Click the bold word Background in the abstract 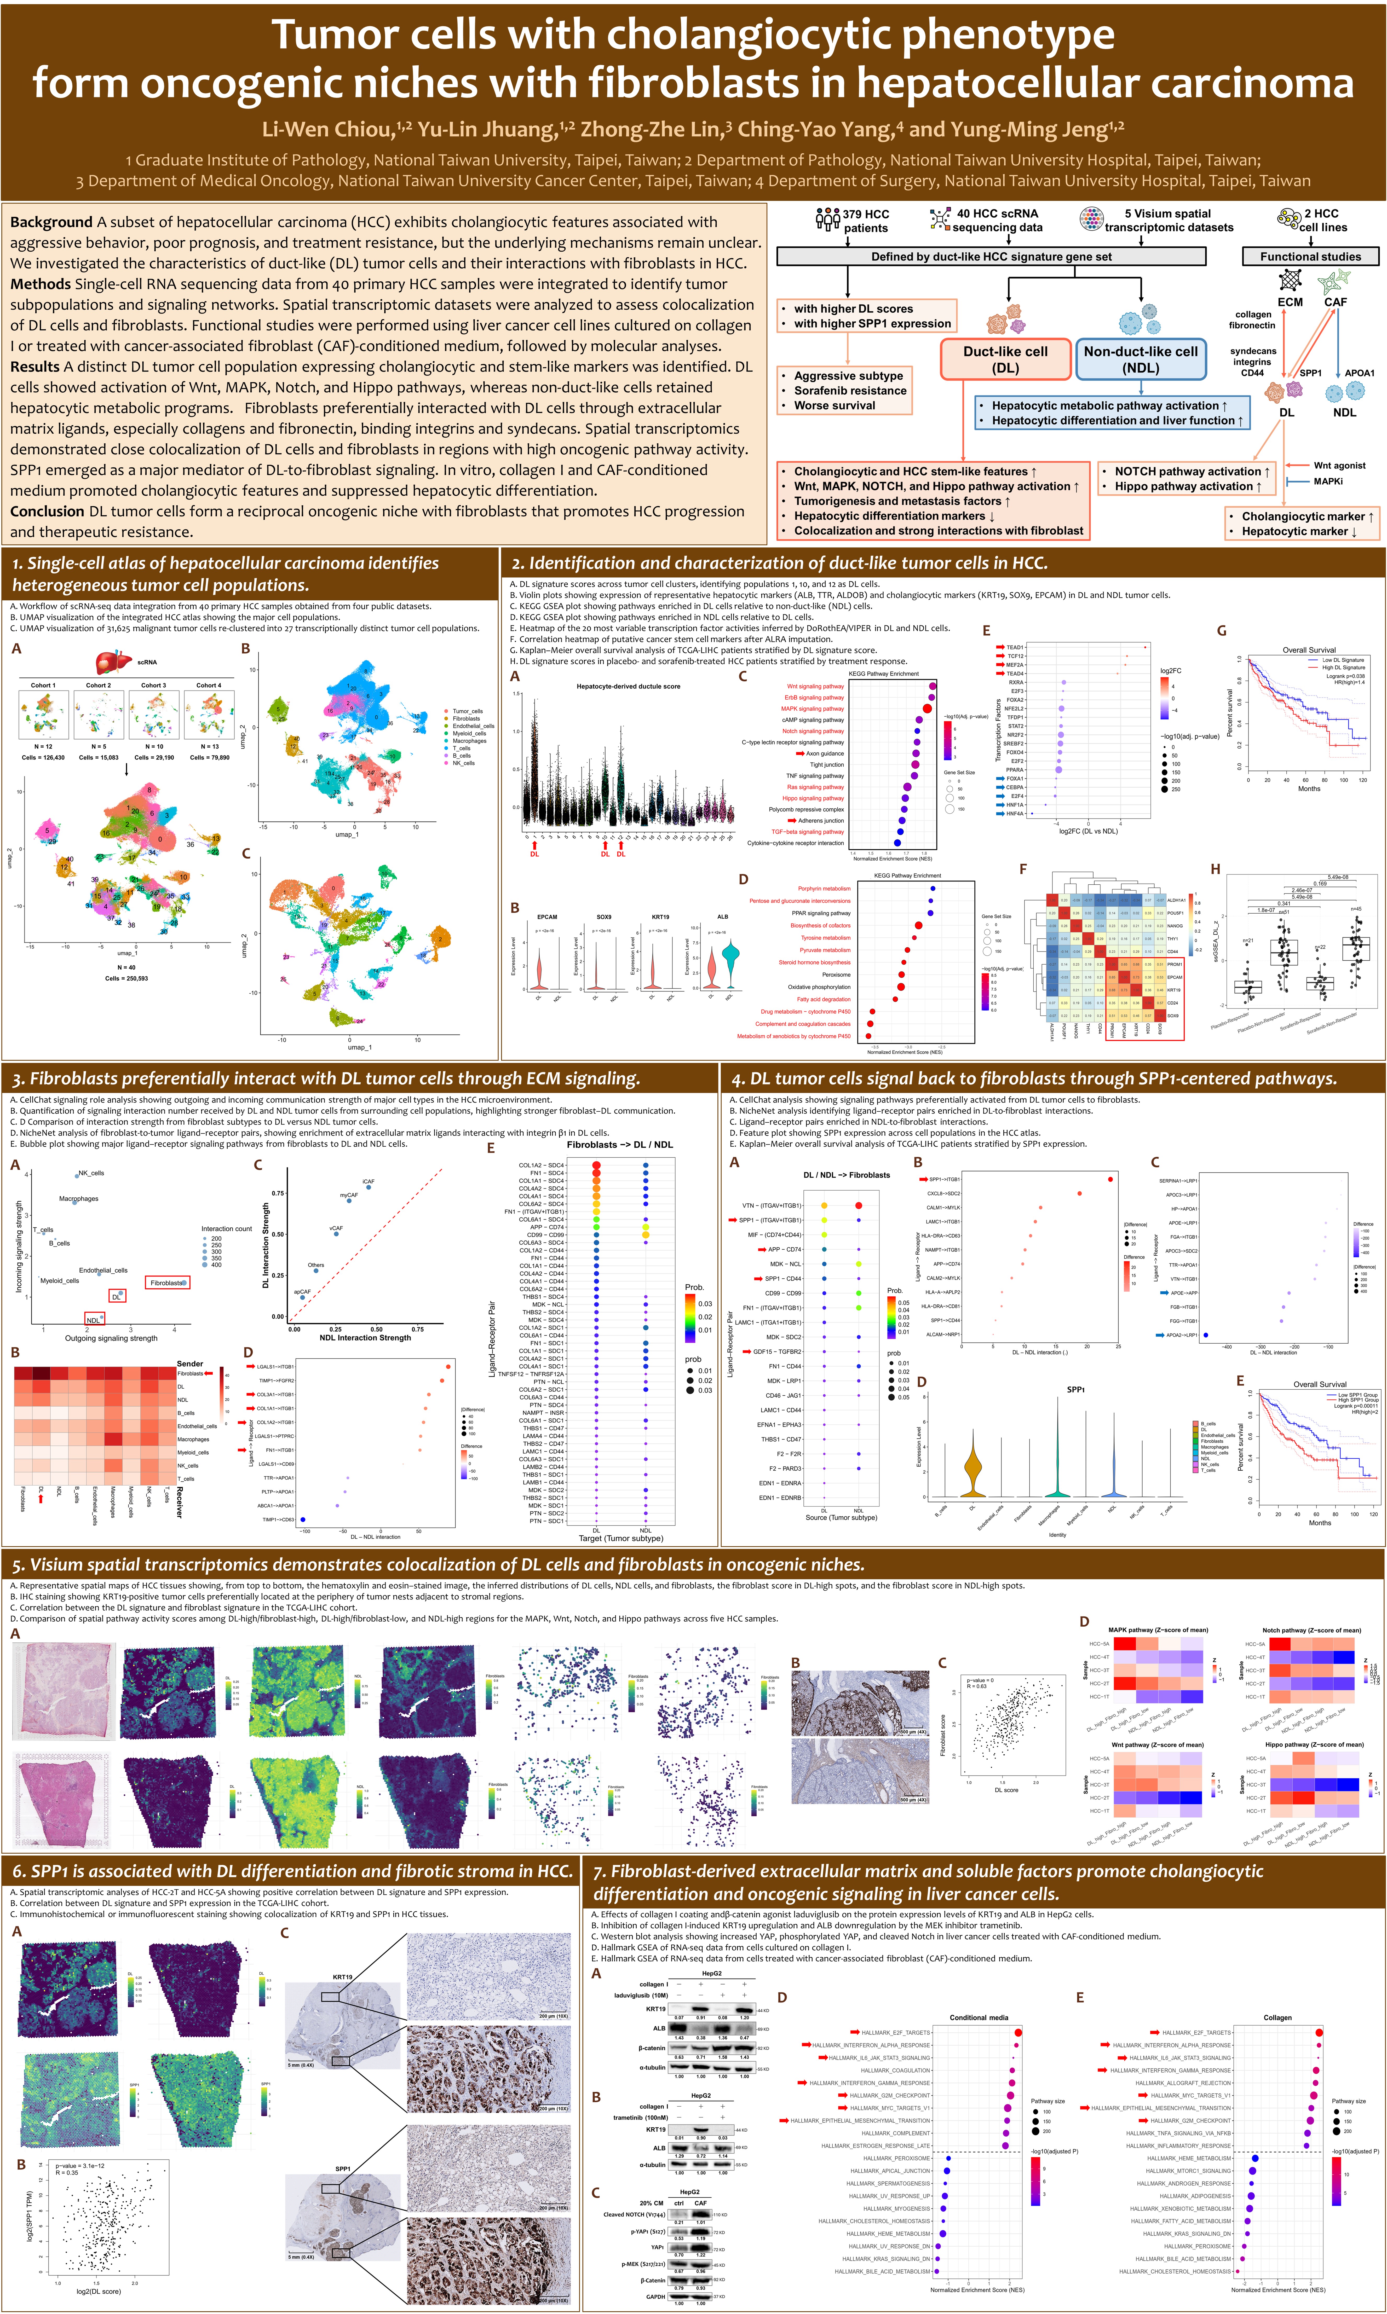coord(51,222)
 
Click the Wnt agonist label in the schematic coord(1338,465)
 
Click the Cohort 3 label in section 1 coord(153,686)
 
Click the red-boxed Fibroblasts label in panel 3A coord(168,1283)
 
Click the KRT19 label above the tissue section coord(342,1977)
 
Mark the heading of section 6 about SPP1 coord(292,1871)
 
